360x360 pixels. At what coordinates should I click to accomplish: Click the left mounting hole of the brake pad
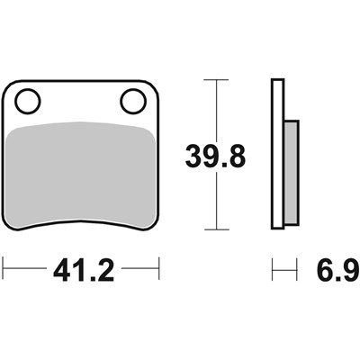(28, 101)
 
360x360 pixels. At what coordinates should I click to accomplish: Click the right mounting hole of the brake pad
(133, 101)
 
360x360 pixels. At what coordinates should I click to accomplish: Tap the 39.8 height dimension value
(216, 157)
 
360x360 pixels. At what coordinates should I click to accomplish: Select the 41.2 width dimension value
(84, 271)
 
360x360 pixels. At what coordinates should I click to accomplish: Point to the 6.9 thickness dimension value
(337, 271)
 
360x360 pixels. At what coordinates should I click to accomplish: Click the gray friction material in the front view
(81, 174)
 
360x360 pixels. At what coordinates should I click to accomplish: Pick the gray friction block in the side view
(292, 173)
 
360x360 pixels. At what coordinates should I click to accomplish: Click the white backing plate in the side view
(277, 154)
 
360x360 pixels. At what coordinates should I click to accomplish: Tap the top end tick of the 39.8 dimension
(216, 80)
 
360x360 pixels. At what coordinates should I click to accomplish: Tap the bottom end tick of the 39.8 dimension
(217, 229)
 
